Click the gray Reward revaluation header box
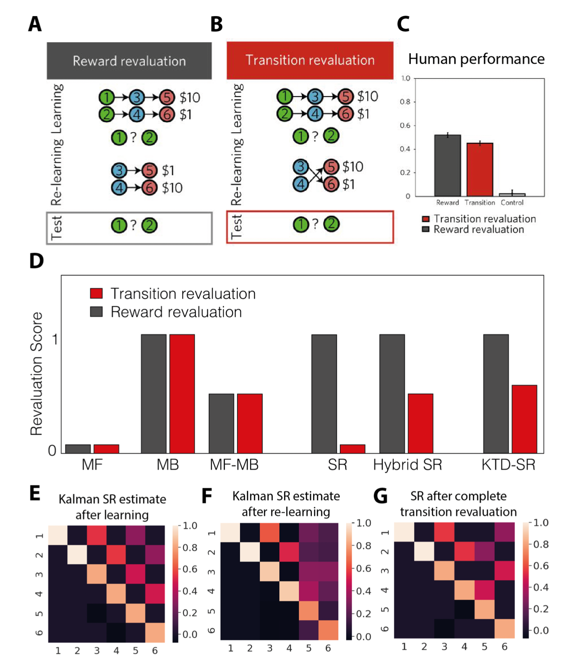(129, 61)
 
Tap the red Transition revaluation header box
(310, 60)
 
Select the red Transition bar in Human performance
(480, 169)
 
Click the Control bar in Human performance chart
(512, 194)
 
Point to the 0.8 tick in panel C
(405, 102)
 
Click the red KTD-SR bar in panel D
(524, 419)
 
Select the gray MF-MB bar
(221, 423)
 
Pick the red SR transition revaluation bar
(352, 449)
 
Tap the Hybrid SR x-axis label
(407, 465)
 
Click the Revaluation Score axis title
(37, 374)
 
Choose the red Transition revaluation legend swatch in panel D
(96, 293)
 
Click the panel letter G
(380, 496)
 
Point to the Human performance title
(476, 59)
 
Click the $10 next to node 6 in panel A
(172, 188)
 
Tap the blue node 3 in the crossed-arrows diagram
(300, 166)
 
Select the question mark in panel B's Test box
(315, 224)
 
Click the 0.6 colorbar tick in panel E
(190, 569)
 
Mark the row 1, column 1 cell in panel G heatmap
(404, 532)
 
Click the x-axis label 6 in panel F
(328, 648)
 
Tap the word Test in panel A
(57, 228)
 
